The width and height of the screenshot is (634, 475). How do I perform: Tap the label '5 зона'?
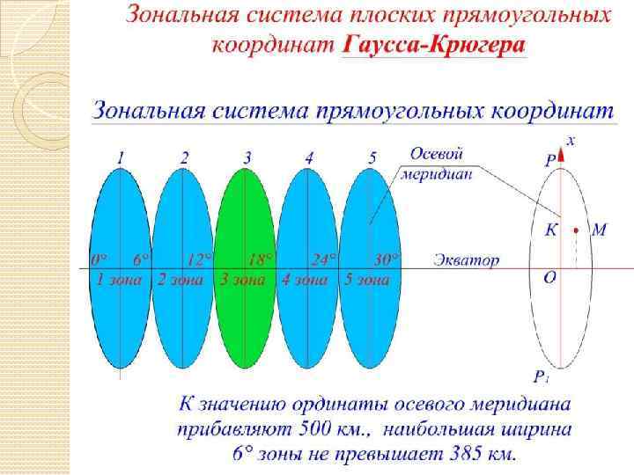click(x=366, y=280)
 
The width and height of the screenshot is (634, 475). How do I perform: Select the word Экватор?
click(x=467, y=260)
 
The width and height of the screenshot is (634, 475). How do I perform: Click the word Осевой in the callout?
click(x=438, y=153)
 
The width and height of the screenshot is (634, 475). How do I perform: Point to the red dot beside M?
click(x=574, y=231)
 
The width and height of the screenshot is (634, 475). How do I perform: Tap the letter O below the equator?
click(x=549, y=277)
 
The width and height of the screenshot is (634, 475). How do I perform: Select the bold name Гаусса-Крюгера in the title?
click(x=433, y=45)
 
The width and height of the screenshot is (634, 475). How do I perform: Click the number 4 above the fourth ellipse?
click(x=309, y=158)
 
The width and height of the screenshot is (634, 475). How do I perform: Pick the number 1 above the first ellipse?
click(x=121, y=158)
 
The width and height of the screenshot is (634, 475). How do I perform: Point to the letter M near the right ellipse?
click(x=599, y=230)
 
